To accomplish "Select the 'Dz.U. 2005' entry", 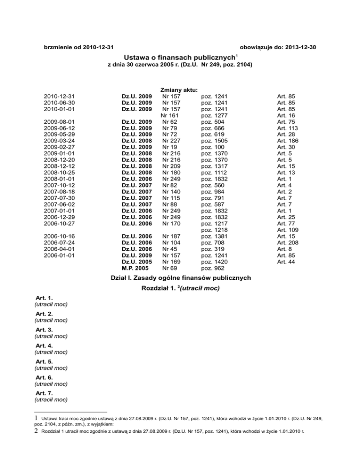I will point(137,262).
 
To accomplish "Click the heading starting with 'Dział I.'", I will point(180,278).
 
